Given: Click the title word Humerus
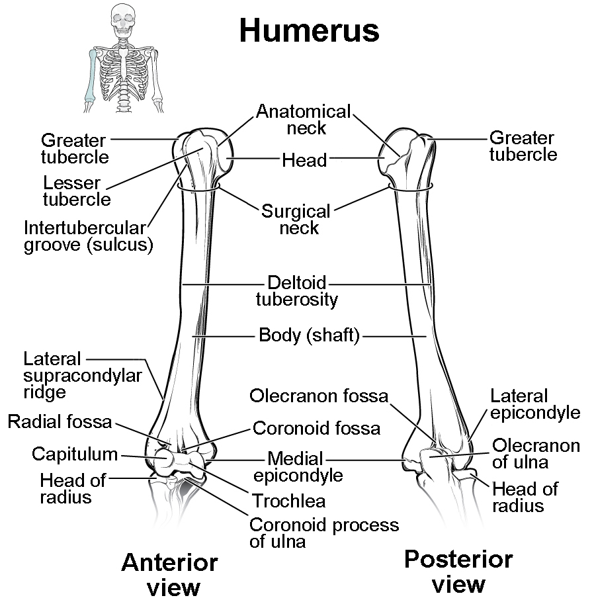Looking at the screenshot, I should point(309,30).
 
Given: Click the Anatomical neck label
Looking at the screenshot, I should point(303,119).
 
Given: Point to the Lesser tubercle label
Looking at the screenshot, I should point(72,190).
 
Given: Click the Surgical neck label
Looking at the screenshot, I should point(296,220).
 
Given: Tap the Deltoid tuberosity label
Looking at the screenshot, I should point(297,291).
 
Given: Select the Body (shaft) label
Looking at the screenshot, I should point(309,335).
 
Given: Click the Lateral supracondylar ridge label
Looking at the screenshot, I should point(83,375).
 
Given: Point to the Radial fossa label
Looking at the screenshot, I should point(60,421).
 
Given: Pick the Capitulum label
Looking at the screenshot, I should point(75,454).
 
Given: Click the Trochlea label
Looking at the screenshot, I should point(288,502).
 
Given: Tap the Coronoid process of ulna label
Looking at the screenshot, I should point(323,533).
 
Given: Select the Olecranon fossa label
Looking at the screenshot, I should point(319,396).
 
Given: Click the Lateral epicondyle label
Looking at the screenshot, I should point(534,404).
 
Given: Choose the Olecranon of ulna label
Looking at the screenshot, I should point(536,453).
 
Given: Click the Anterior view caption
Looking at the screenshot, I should point(169,574).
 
